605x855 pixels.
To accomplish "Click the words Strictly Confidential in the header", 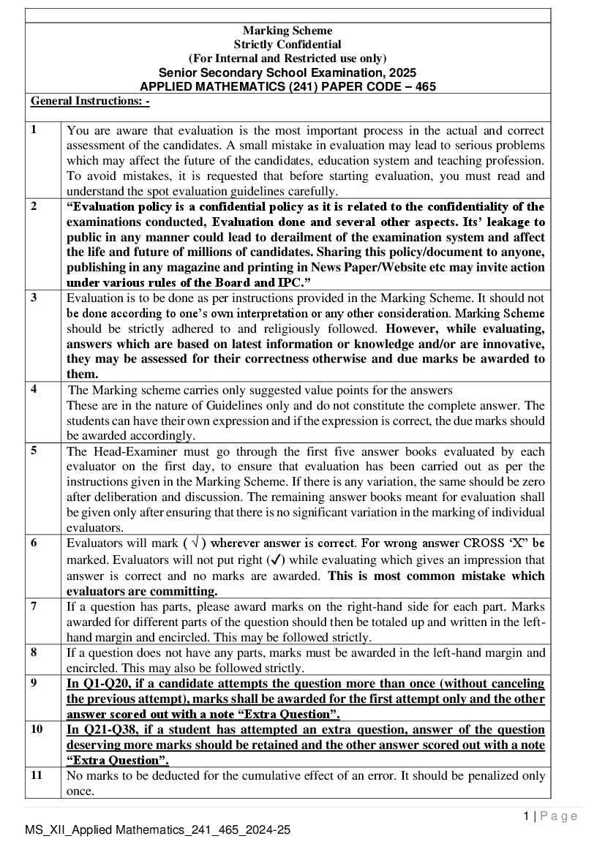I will pyautogui.click(x=288, y=44).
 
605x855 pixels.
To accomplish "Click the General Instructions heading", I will pyautogui.click(x=90, y=101).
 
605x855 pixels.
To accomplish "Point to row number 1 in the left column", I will pyautogui.click(x=34, y=129).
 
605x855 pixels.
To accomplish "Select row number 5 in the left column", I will pyautogui.click(x=34, y=450).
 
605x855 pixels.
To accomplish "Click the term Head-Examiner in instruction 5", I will pyautogui.click(x=127, y=451).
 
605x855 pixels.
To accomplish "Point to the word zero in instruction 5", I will pyautogui.click(x=533, y=481).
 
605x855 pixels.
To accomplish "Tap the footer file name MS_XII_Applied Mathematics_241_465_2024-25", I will pyautogui.click(x=157, y=829).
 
